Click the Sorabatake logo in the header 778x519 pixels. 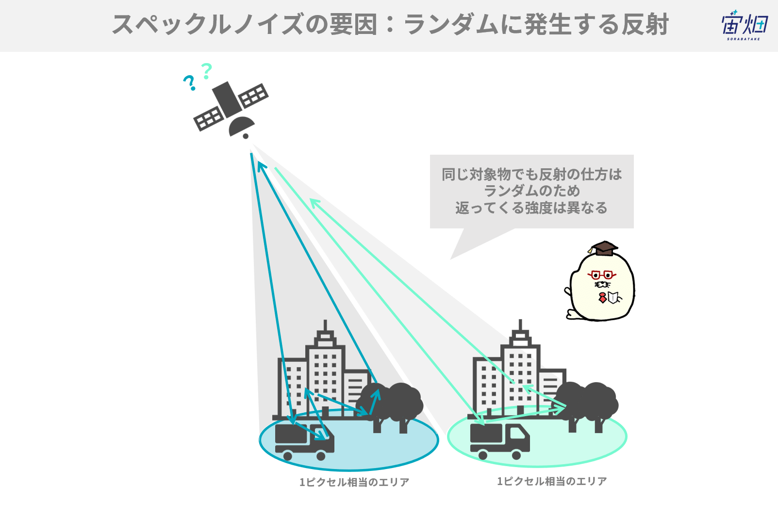click(745, 25)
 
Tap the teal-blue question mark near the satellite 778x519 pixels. click(189, 83)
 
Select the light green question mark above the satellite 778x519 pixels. click(206, 71)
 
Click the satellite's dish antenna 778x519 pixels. click(241, 127)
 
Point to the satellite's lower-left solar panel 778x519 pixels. click(209, 118)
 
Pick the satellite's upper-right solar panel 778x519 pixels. click(253, 95)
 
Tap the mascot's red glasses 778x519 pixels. click(602, 275)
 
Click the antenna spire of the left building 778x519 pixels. click(325, 325)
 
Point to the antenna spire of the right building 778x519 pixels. click(520, 325)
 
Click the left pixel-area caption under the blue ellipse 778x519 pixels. click(354, 482)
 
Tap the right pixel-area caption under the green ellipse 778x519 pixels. click(552, 481)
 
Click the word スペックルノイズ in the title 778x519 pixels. click(208, 25)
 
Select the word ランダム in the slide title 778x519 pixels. click(451, 25)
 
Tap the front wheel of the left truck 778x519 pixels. click(321, 455)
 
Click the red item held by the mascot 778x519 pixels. click(603, 297)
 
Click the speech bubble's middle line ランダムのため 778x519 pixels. click(532, 191)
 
